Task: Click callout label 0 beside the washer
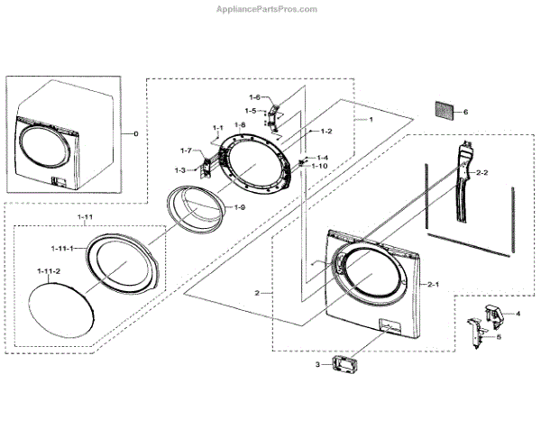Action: click(136, 133)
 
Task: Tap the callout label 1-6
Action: click(254, 97)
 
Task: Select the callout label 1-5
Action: click(250, 111)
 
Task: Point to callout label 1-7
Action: click(187, 150)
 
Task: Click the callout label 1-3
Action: click(179, 169)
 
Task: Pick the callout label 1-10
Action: click(320, 166)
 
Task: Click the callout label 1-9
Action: click(239, 208)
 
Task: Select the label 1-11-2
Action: click(48, 271)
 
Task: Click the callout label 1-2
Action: click(326, 131)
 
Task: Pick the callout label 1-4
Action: click(322, 158)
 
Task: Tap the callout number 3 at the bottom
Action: click(316, 364)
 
